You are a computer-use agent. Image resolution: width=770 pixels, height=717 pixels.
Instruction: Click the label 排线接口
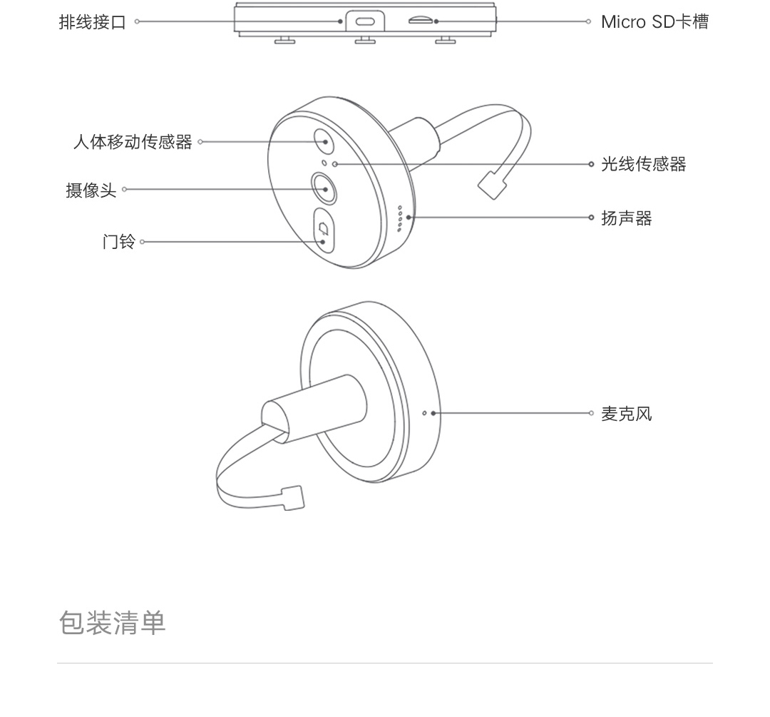click(x=92, y=22)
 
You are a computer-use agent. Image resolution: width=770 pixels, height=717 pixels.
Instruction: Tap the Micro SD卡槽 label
click(x=654, y=22)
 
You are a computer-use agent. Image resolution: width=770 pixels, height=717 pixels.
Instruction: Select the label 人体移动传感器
click(x=133, y=142)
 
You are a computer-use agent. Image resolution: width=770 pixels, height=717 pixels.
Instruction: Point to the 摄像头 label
click(x=91, y=190)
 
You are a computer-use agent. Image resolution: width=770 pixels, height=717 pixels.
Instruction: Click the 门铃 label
click(x=119, y=242)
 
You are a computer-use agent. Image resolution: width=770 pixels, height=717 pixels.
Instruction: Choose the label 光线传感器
click(x=643, y=164)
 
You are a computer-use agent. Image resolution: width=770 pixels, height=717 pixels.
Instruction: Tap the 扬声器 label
click(x=627, y=218)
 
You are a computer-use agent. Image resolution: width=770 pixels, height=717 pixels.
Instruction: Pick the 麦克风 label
click(x=627, y=414)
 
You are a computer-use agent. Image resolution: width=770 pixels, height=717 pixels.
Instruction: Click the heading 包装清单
click(x=113, y=623)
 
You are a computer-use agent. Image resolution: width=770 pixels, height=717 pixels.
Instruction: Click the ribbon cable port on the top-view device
click(x=365, y=21)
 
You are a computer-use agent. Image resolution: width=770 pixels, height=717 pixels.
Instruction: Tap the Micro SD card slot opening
click(x=420, y=21)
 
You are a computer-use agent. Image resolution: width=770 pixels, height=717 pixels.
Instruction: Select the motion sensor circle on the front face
click(x=324, y=142)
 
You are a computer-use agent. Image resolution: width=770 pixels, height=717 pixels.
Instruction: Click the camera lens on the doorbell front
click(x=324, y=189)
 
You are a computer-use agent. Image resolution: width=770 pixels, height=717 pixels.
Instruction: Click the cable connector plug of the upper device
click(x=492, y=185)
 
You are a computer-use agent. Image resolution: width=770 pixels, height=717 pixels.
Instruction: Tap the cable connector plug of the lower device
click(x=293, y=498)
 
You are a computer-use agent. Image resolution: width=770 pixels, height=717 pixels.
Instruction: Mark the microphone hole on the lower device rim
click(x=425, y=413)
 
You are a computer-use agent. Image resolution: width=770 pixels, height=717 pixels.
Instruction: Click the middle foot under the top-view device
click(x=365, y=40)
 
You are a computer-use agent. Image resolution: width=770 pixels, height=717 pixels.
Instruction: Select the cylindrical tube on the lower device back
click(x=314, y=408)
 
